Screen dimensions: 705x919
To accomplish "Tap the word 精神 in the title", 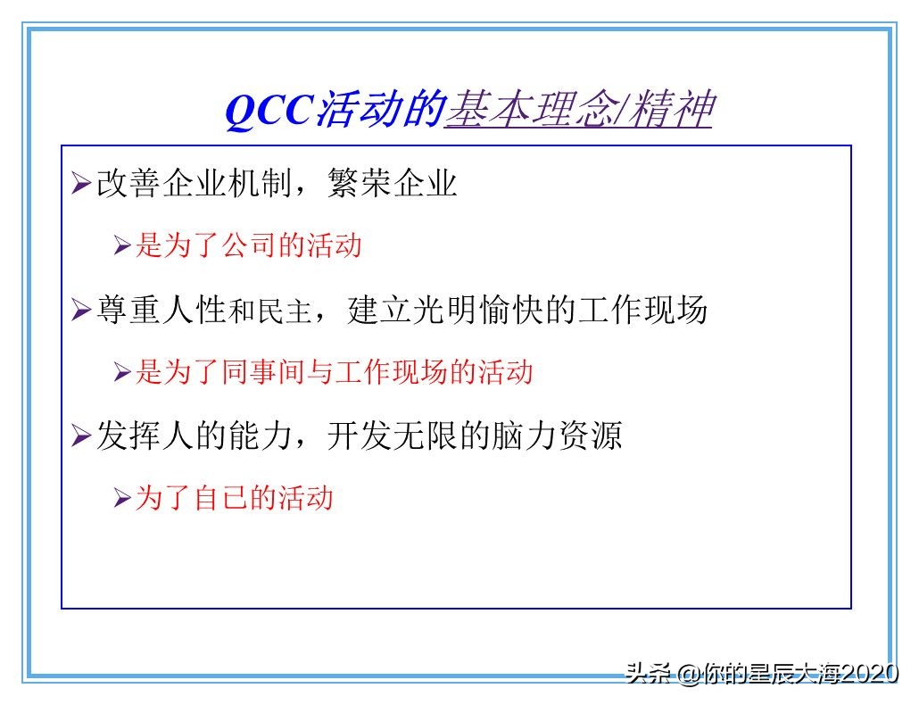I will [x=671, y=112].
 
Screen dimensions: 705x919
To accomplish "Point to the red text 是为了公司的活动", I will [x=248, y=245].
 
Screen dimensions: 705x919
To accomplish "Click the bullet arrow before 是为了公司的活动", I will [x=122, y=246].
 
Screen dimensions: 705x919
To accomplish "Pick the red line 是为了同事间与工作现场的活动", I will [x=334, y=371].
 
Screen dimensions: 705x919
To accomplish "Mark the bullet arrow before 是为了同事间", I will [x=122, y=372].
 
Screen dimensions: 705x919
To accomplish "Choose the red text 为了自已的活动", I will [x=234, y=497].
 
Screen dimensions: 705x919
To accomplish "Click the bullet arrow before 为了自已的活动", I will [x=122, y=498].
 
